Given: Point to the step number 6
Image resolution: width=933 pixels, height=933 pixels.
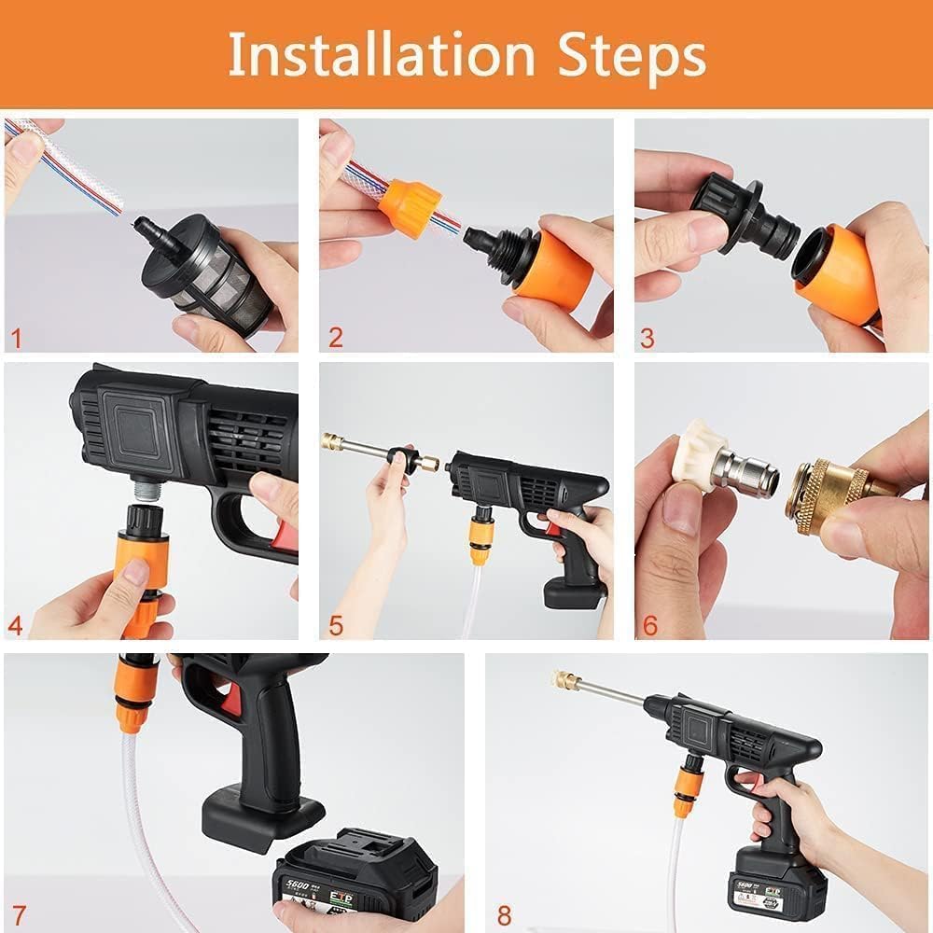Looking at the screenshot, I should point(649,623).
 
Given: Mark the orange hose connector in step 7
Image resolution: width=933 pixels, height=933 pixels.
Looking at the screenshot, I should point(132,695).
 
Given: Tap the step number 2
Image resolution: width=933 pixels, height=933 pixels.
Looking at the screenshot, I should point(335,337).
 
